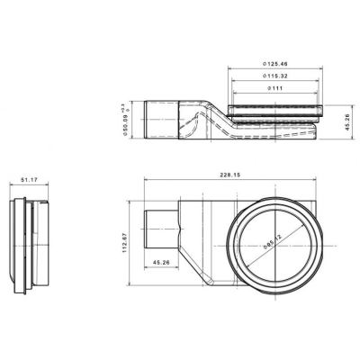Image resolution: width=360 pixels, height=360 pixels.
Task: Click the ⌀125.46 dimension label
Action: pyautogui.click(x=275, y=64)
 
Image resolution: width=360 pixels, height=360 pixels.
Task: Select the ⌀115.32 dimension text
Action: pyautogui.click(x=275, y=76)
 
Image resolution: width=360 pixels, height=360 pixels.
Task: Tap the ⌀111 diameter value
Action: pyautogui.click(x=274, y=88)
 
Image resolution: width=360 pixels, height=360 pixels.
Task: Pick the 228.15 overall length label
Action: pyautogui.click(x=229, y=175)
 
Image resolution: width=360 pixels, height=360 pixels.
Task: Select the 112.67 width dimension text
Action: pyautogui.click(x=124, y=243)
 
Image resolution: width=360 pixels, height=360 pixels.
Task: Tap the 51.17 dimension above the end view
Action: pyautogui.click(x=29, y=180)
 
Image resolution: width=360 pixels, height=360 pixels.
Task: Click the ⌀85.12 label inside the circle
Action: pyautogui.click(x=273, y=241)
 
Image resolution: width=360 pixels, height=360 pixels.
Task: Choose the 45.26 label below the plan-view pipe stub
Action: pyautogui.click(x=161, y=262)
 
